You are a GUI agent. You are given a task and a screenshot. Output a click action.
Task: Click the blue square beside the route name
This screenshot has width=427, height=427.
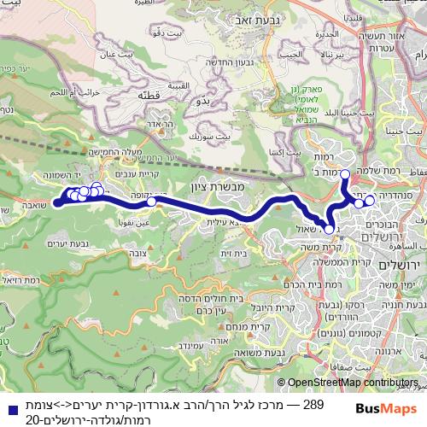coord(8,402)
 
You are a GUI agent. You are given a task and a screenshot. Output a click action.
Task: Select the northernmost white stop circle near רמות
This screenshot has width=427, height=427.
coord(345,174)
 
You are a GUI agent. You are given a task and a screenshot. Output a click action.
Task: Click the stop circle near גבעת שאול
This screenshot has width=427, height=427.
coord(329,229)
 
